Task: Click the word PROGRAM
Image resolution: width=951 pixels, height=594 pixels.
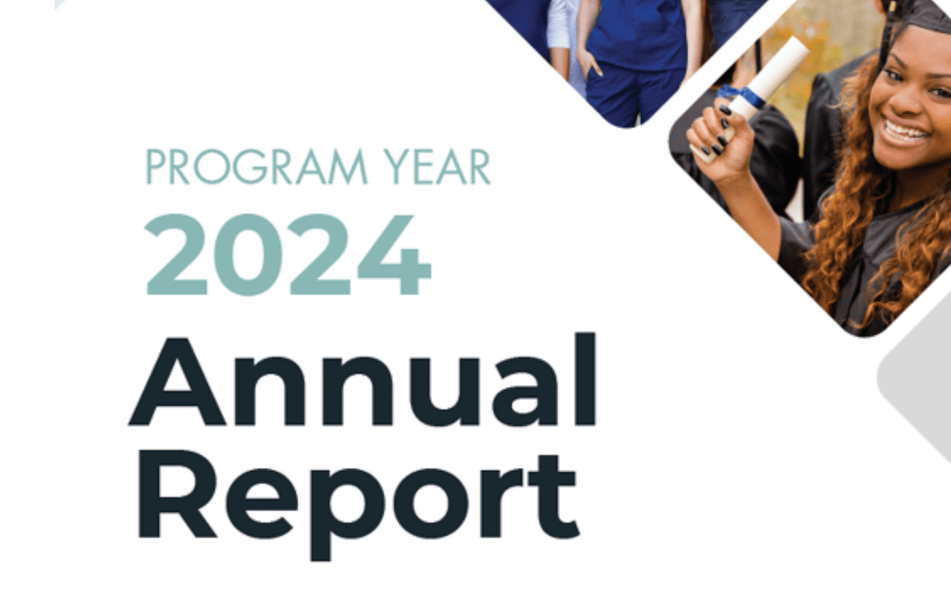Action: pyautogui.click(x=256, y=166)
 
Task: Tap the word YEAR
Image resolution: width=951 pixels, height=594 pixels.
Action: pyautogui.click(x=437, y=166)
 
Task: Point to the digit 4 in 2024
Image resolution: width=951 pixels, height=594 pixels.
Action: pyautogui.click(x=394, y=254)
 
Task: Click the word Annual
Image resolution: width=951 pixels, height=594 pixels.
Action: pyautogui.click(x=363, y=380)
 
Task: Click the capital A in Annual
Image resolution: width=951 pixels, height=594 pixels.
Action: pyautogui.click(x=178, y=382)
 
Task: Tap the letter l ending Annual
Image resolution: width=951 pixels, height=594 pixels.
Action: pyautogui.click(x=586, y=379)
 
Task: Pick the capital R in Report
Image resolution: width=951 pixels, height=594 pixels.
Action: pyautogui.click(x=177, y=494)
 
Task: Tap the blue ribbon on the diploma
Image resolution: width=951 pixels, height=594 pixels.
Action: pyautogui.click(x=740, y=96)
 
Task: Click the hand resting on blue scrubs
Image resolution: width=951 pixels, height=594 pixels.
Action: pyautogui.click(x=587, y=61)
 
